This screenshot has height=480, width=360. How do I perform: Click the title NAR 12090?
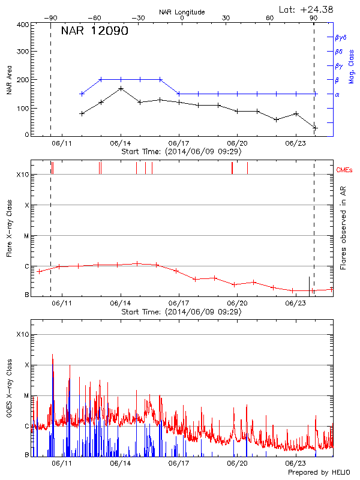tap(95, 31)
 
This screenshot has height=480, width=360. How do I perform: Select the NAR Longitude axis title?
tap(182, 11)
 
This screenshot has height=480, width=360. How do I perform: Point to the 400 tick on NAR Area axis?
tap(23, 25)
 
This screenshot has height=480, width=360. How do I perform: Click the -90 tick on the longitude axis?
tap(50, 18)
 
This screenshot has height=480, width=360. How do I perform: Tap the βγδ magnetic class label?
tap(341, 37)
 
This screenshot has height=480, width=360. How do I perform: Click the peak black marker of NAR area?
tap(121, 88)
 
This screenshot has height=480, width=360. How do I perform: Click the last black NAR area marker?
tap(315, 128)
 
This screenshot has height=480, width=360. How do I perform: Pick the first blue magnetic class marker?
tap(82, 94)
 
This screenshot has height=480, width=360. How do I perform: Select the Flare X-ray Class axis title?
tap(10, 227)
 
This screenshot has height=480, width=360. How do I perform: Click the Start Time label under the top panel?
tap(181, 152)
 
